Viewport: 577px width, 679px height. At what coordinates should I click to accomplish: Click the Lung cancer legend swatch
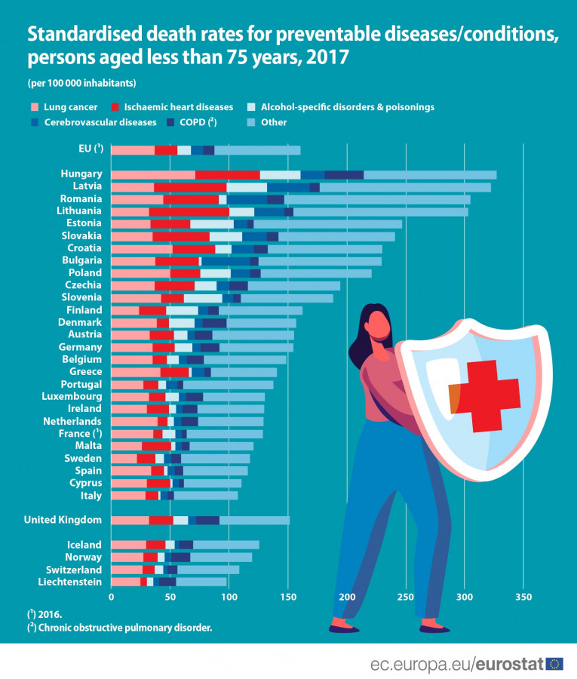(33, 107)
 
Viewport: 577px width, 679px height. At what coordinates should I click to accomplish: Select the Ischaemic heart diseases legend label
(177, 107)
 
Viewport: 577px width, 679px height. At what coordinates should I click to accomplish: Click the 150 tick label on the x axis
(287, 597)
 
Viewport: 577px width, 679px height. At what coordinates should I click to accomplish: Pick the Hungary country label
(81, 174)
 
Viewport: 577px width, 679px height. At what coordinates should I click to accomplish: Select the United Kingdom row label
(63, 520)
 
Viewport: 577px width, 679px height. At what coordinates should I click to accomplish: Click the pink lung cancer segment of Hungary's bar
(153, 174)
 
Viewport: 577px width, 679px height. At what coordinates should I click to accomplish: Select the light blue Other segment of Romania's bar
(377, 199)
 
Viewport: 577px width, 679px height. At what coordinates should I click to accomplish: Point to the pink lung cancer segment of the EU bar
(133, 150)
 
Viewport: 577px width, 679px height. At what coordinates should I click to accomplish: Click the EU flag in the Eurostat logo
(554, 664)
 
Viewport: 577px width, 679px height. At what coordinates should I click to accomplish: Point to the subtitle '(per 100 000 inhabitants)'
(81, 82)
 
